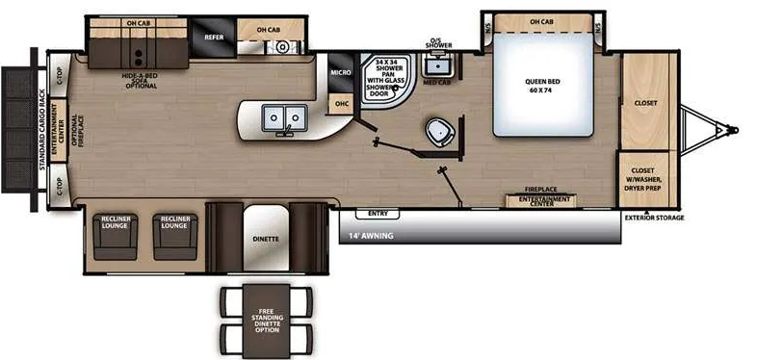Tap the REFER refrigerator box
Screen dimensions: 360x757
coord(213,37)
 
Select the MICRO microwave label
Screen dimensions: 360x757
coord(339,72)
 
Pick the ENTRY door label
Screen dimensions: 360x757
coord(377,213)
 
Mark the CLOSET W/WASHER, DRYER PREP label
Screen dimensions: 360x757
coord(645,179)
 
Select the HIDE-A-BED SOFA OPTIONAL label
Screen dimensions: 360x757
coord(141,77)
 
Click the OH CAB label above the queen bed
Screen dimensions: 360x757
coord(541,21)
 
